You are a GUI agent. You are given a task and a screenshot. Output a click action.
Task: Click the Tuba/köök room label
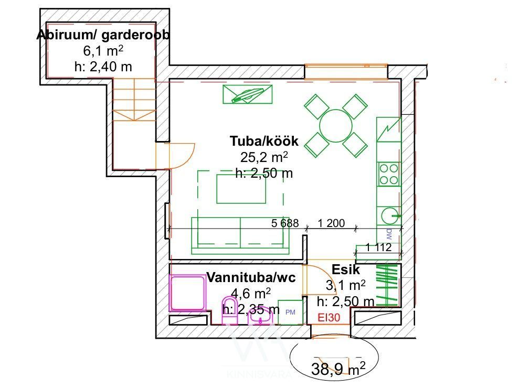tap(264, 141)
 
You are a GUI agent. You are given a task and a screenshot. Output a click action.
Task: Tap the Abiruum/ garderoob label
tap(103, 35)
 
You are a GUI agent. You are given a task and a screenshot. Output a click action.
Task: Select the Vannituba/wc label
tap(251, 277)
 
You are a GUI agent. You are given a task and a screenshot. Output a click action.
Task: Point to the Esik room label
tap(345, 269)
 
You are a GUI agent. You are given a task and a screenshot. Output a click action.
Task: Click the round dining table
tap(336, 126)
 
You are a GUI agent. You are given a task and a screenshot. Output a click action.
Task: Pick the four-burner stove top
tap(388, 174)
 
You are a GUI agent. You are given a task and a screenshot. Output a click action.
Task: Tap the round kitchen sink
tap(390, 215)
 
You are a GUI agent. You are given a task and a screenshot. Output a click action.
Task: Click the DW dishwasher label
tap(389, 234)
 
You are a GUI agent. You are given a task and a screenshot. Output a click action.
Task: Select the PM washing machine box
tap(290, 312)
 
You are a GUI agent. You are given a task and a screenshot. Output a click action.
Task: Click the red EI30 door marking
tap(329, 318)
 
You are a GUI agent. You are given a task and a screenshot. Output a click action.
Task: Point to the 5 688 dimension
tap(285, 223)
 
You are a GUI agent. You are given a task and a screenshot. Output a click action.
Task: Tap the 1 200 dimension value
tap(331, 223)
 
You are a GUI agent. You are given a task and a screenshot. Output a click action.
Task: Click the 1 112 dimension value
tap(379, 247)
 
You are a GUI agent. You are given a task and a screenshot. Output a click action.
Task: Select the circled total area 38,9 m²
tap(338, 369)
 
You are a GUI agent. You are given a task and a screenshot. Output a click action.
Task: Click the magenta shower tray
tap(187, 293)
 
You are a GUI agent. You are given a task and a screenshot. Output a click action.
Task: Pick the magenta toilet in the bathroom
tap(230, 310)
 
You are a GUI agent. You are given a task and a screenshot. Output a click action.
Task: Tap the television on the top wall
tap(248, 94)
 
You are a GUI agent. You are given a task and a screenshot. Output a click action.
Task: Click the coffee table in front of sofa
tap(241, 189)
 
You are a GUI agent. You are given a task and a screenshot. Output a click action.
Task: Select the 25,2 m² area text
tap(264, 157)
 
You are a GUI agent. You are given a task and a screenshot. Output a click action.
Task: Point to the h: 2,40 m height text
tap(103, 67)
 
